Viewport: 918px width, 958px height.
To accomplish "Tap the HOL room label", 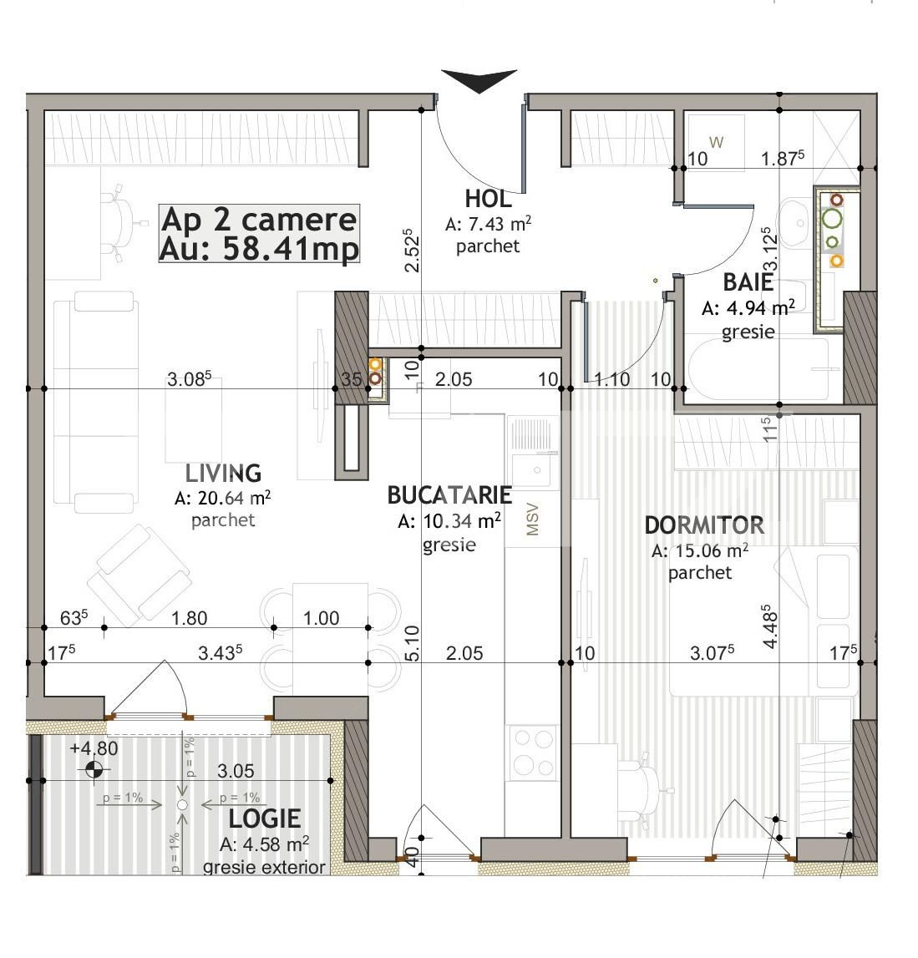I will (488, 199).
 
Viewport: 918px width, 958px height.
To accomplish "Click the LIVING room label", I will (223, 474).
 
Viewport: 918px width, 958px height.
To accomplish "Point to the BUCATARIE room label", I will (449, 495).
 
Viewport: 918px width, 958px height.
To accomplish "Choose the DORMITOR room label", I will (703, 525).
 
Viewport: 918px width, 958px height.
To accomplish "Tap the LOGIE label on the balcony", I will (265, 819).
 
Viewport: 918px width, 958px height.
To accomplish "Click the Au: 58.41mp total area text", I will (260, 248).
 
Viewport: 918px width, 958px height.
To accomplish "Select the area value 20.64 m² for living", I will (223, 498).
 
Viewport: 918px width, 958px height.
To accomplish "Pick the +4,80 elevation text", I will (94, 748).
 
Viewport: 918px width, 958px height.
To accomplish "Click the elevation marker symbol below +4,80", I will (94, 770).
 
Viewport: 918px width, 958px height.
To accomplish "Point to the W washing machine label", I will (716, 143).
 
